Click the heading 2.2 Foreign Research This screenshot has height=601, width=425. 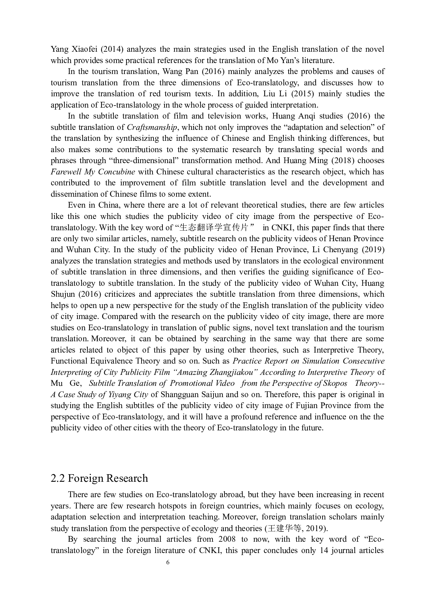pos(99,478)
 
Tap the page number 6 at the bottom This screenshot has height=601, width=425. pos(168,562)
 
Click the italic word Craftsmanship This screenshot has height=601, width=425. pos(152,127)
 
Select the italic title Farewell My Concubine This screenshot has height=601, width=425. pos(93,172)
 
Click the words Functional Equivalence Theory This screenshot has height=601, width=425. pos(105,361)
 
